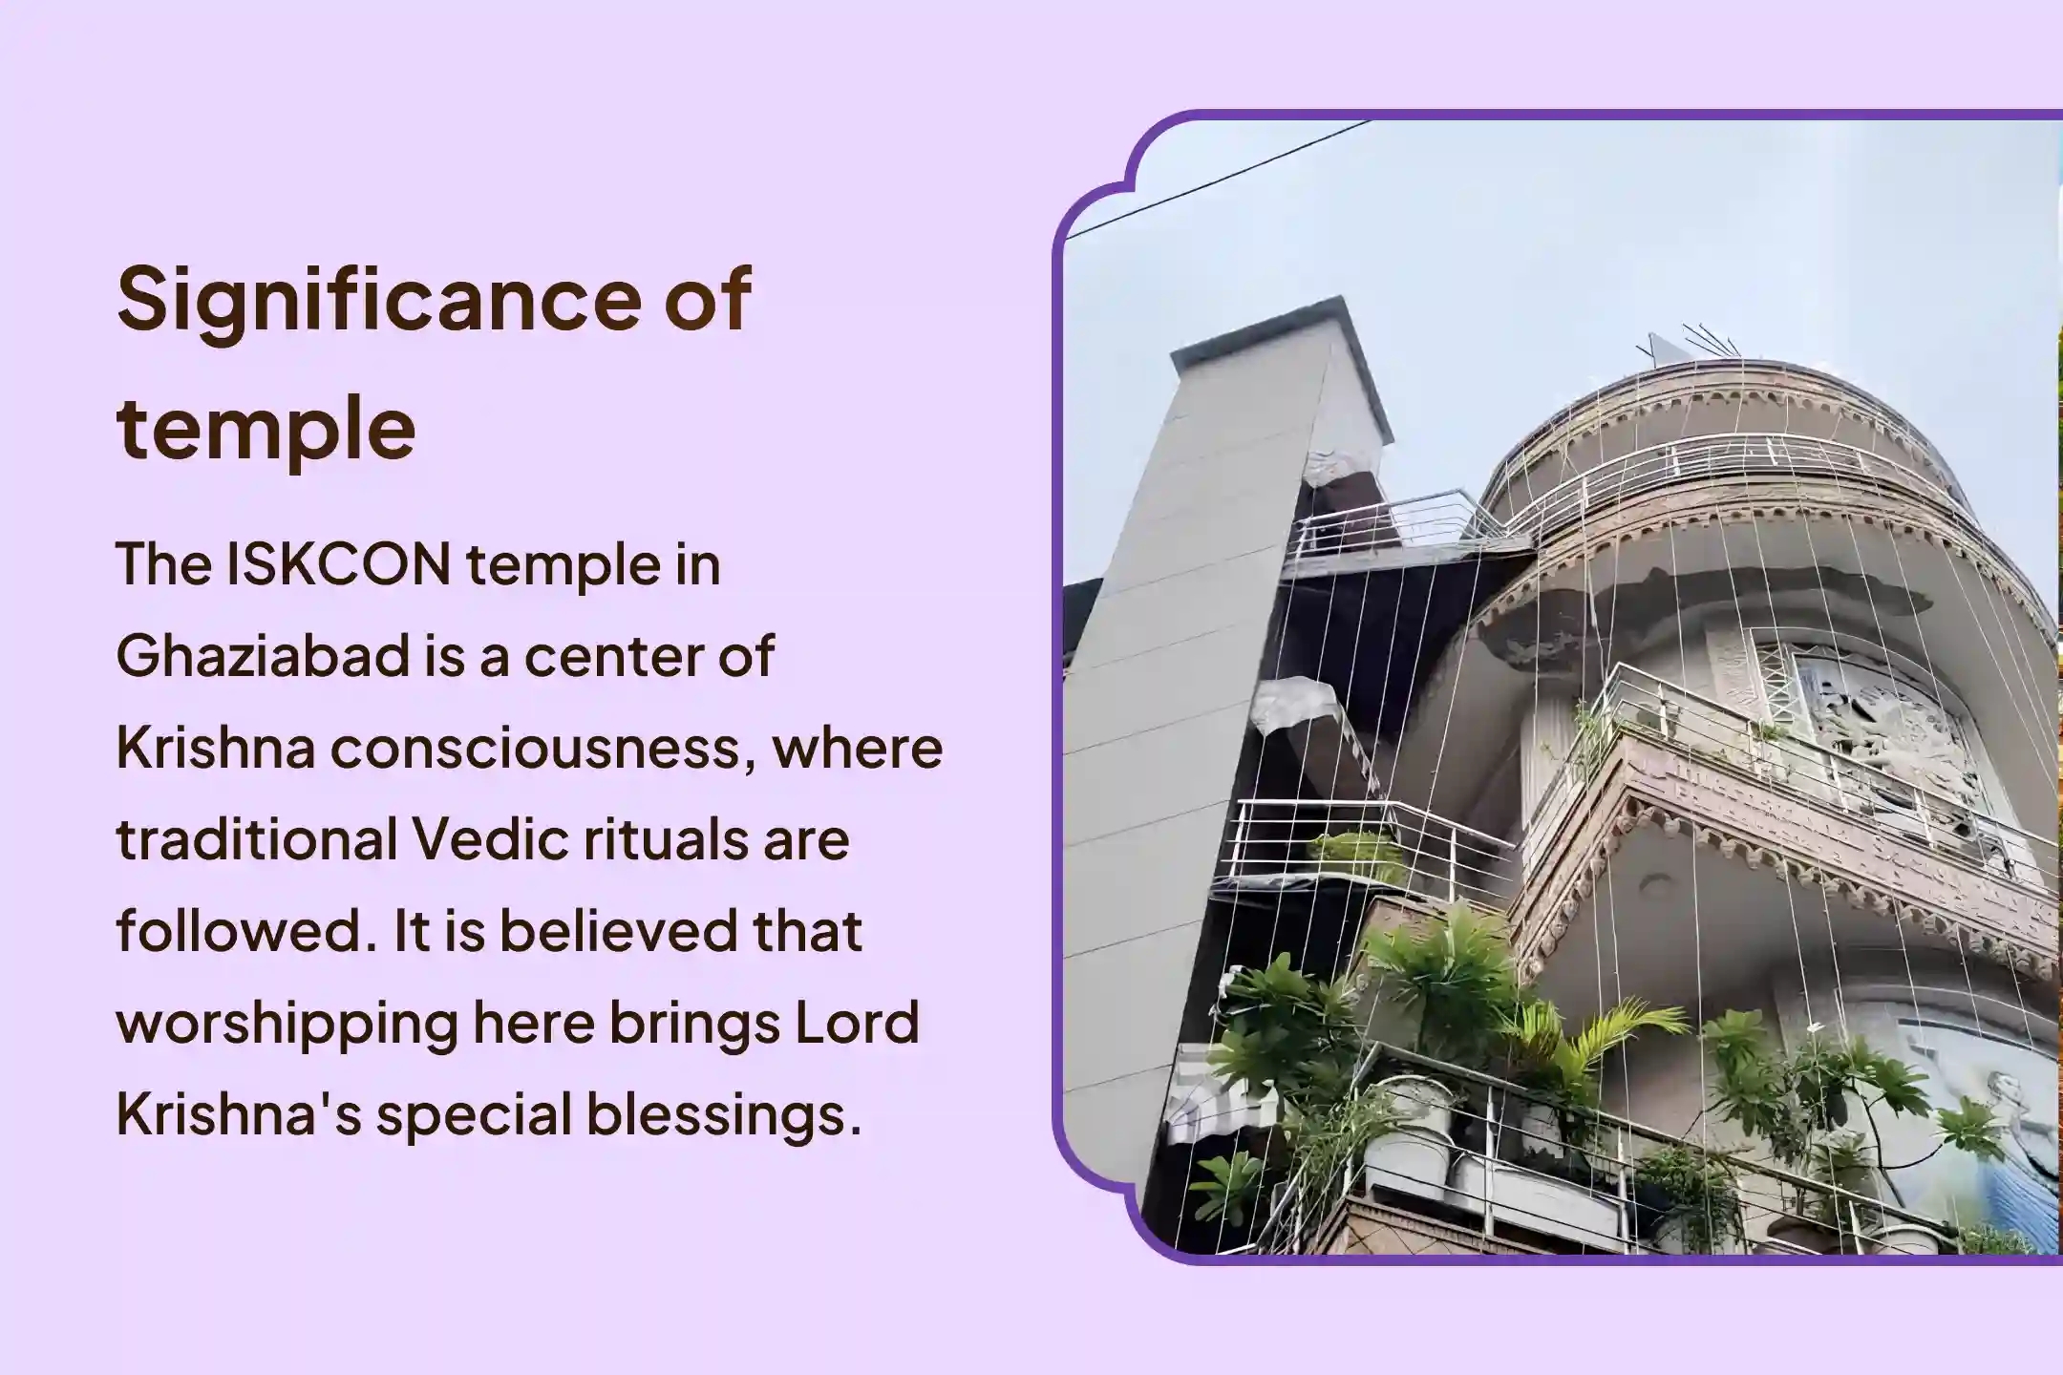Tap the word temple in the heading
click(x=266, y=429)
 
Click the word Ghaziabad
click(x=263, y=658)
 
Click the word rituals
click(x=659, y=840)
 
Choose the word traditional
click(x=257, y=840)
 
